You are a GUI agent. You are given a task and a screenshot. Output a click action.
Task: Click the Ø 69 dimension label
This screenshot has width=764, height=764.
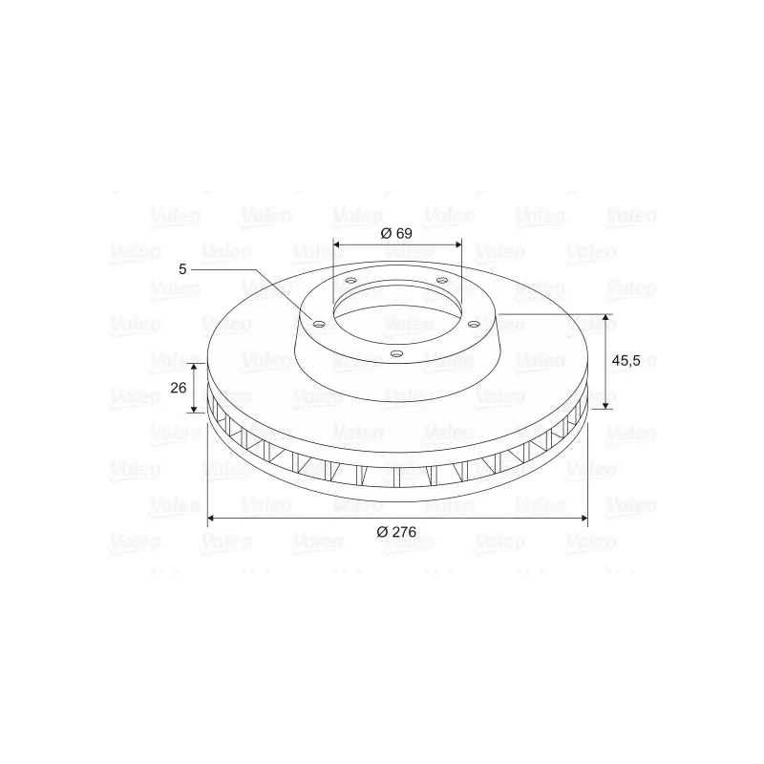(x=396, y=233)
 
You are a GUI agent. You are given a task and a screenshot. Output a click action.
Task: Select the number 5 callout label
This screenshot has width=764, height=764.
(x=182, y=269)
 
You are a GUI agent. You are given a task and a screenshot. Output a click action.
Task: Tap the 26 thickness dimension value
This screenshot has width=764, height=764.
(x=179, y=388)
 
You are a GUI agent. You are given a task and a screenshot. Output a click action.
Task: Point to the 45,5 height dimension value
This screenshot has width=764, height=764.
(x=626, y=361)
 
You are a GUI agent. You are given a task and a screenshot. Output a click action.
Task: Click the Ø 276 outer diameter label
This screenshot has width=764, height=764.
(x=396, y=532)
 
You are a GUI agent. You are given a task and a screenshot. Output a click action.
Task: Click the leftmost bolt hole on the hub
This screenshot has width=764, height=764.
(x=319, y=324)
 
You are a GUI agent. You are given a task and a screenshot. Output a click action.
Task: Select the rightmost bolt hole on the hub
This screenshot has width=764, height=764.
(x=474, y=324)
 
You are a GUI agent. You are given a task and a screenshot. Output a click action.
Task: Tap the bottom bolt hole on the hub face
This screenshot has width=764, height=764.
(x=397, y=353)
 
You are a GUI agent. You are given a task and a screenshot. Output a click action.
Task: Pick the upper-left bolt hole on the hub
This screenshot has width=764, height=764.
(x=350, y=281)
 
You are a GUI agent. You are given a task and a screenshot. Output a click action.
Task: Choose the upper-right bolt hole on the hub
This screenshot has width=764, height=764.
(x=442, y=280)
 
